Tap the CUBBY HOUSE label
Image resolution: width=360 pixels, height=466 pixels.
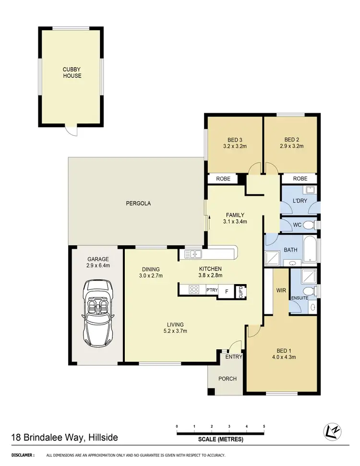click(x=72, y=72)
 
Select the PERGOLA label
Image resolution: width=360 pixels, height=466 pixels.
click(x=138, y=203)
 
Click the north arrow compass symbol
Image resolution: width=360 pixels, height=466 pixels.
click(x=334, y=431)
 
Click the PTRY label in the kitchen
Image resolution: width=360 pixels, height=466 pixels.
click(x=212, y=290)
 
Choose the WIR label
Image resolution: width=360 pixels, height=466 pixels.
click(x=280, y=290)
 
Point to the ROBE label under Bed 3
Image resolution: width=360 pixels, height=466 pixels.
click(x=223, y=179)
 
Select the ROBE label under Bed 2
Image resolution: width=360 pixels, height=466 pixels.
click(x=300, y=179)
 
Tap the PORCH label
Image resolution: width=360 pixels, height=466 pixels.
click(x=227, y=379)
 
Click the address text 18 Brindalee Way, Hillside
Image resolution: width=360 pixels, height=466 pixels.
click(x=64, y=437)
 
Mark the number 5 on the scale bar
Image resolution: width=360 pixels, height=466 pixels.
click(x=264, y=426)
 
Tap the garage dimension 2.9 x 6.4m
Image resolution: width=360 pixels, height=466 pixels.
click(x=98, y=265)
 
